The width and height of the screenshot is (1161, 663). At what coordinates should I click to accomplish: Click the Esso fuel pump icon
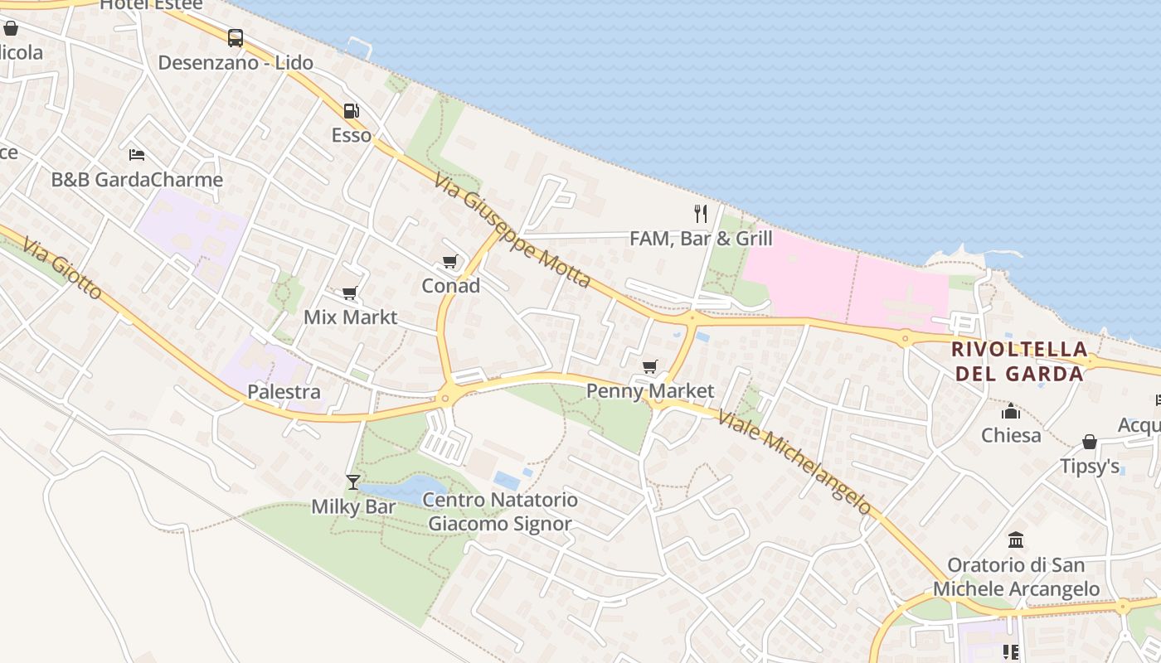click(x=351, y=111)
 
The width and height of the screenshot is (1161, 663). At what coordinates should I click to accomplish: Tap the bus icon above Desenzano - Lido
click(x=236, y=38)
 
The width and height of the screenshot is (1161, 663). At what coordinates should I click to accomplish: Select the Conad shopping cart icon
click(x=449, y=262)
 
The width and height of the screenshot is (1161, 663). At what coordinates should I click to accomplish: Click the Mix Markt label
click(x=350, y=317)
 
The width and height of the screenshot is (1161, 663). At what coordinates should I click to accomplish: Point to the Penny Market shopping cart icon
click(x=649, y=366)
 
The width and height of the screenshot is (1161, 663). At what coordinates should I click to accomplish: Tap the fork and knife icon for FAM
click(x=701, y=214)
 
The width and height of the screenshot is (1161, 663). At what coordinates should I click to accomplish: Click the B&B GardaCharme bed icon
click(x=137, y=155)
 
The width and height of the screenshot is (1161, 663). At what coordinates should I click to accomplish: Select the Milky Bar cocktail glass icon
click(x=353, y=482)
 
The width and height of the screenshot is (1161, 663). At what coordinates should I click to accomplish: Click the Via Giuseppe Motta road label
click(x=512, y=230)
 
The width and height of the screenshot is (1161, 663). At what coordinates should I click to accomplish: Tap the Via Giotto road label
click(x=62, y=269)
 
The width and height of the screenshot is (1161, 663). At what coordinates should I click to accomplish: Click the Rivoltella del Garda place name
click(x=1019, y=361)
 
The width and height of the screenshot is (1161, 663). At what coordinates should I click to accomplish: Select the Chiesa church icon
click(x=1010, y=411)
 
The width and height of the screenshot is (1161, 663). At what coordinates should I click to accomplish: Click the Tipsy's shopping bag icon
click(x=1089, y=442)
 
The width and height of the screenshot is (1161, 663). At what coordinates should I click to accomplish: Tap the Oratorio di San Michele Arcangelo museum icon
click(x=1016, y=540)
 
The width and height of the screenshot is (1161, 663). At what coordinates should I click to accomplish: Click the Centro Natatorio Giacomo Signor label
click(x=500, y=511)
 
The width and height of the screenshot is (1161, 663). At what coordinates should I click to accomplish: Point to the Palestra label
click(x=284, y=391)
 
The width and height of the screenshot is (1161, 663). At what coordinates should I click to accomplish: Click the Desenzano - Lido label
click(x=236, y=62)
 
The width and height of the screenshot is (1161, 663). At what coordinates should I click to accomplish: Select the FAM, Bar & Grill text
click(x=701, y=239)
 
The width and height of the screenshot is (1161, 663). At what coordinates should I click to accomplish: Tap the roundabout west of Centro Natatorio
click(x=445, y=399)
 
